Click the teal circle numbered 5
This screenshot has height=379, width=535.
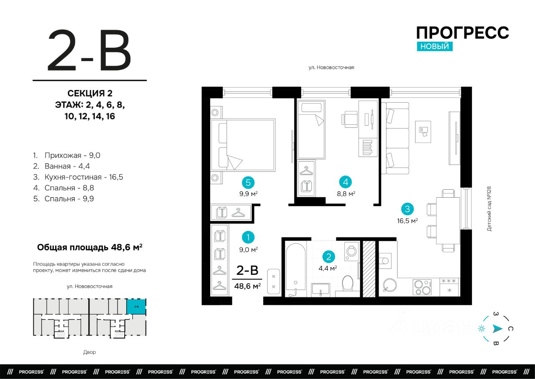(248, 183)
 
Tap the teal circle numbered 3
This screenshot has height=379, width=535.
(407, 209)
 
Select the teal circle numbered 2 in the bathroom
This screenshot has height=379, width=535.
(329, 257)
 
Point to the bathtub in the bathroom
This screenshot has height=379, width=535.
(296, 270)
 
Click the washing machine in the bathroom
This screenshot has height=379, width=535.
(352, 251)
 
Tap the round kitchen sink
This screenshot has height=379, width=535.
(390, 285)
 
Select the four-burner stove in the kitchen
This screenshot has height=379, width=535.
(422, 287)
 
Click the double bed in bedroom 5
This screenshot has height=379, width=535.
(243, 145)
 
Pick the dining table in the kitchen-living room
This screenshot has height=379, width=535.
(448, 220)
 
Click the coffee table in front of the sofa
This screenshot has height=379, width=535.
(423, 131)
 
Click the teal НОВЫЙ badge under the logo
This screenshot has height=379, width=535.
(435, 46)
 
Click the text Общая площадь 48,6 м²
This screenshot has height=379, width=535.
(90, 247)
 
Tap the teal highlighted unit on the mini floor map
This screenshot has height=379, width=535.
(136, 306)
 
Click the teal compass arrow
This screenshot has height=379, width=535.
(497, 328)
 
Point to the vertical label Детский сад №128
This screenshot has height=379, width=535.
(489, 209)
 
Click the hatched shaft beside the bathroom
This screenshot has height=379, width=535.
(369, 269)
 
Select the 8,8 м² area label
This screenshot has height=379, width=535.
(346, 193)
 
